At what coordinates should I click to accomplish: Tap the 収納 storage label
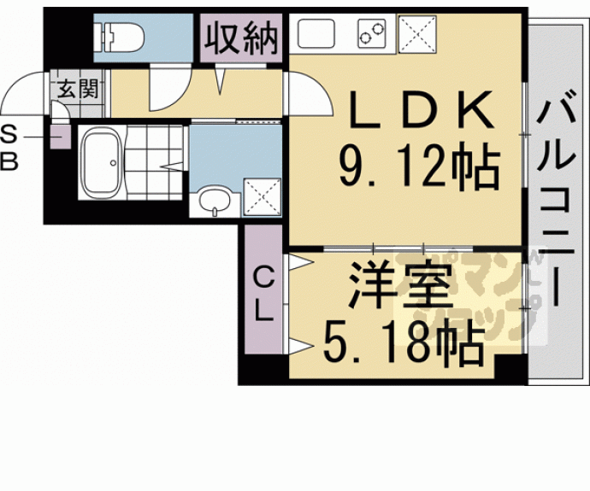[x=242, y=38]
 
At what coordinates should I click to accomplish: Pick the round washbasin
[x=215, y=202]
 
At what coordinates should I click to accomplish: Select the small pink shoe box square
[x=60, y=137]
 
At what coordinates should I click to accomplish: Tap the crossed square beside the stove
[x=418, y=35]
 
